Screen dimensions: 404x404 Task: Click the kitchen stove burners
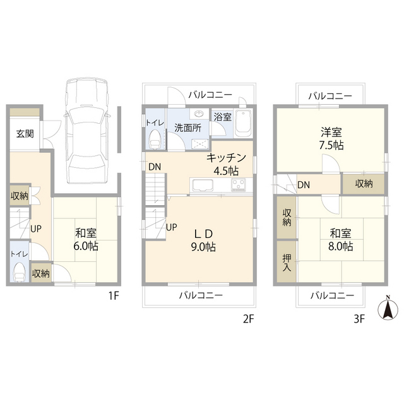pos(239,185)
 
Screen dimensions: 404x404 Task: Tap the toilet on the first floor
pos(20,273)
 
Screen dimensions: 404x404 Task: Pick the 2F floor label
pos(247,319)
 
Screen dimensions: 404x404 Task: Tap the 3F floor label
pos(359,319)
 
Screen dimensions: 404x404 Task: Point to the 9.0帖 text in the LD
pos(203,247)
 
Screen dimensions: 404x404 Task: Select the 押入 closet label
pos(286,263)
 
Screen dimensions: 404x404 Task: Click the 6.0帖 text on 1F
pos(86,245)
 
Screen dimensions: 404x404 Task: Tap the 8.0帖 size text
pos(340,246)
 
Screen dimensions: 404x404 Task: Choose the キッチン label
pos(221,159)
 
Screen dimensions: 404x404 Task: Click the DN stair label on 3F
pos(304,185)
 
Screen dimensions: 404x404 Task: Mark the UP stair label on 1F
pos(37,229)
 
